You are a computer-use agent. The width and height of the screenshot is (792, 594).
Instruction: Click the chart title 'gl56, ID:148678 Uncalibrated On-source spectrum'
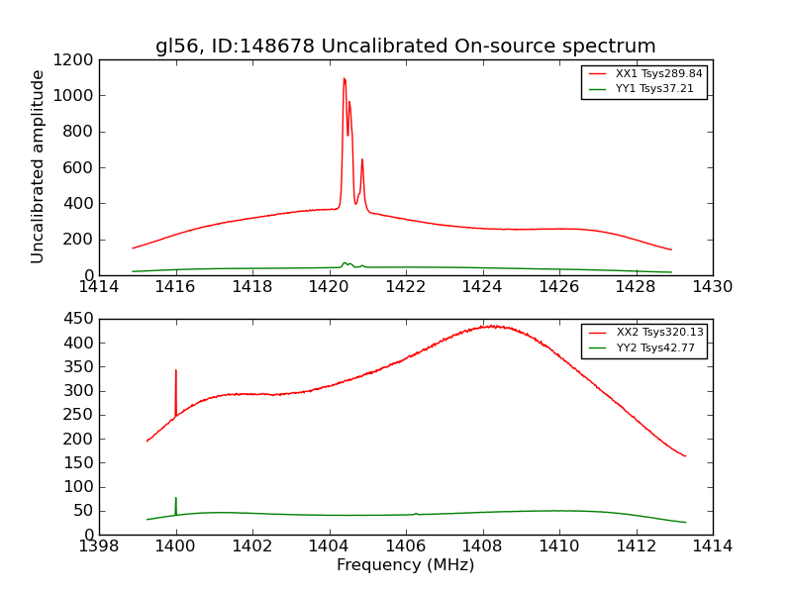pos(405,46)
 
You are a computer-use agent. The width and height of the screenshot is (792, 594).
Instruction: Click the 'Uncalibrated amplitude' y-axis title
pos(38,166)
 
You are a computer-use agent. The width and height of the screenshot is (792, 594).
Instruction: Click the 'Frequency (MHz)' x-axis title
pos(405,565)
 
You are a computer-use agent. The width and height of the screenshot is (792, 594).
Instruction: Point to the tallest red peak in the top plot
pos(344,79)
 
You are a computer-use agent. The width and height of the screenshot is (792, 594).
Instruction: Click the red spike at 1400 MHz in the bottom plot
pos(176,371)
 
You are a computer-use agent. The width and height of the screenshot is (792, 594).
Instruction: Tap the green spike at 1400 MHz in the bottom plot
pos(176,499)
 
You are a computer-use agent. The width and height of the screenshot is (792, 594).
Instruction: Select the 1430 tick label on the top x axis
pos(712,287)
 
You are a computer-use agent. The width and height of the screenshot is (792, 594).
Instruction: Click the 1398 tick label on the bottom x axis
pos(99,546)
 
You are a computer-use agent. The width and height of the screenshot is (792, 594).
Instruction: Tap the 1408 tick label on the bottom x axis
pos(482,546)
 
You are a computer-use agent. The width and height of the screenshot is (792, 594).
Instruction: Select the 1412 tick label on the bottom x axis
pos(636,546)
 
